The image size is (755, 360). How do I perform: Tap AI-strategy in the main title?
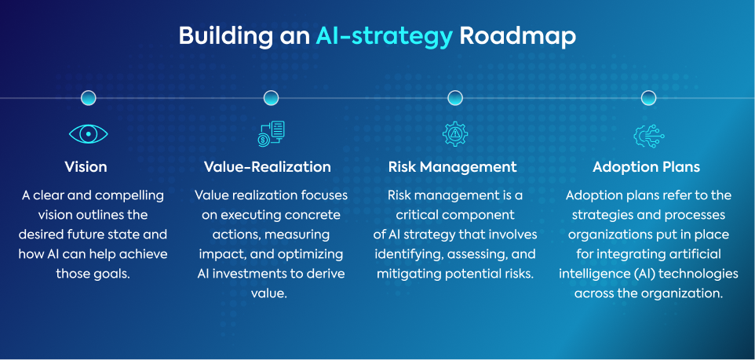(385, 37)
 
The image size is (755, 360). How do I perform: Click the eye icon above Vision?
(88, 135)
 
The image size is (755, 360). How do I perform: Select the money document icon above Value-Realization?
(271, 134)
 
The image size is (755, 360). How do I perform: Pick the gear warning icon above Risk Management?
(454, 134)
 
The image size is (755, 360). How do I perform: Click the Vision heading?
(86, 167)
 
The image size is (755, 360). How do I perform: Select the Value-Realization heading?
(267, 167)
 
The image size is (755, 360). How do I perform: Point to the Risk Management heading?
(453, 167)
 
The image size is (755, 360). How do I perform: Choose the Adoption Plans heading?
(647, 167)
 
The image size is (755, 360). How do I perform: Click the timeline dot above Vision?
(89, 98)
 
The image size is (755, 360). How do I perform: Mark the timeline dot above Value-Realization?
(271, 98)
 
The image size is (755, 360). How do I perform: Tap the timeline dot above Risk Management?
(454, 98)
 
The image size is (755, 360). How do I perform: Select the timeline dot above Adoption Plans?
(648, 98)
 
